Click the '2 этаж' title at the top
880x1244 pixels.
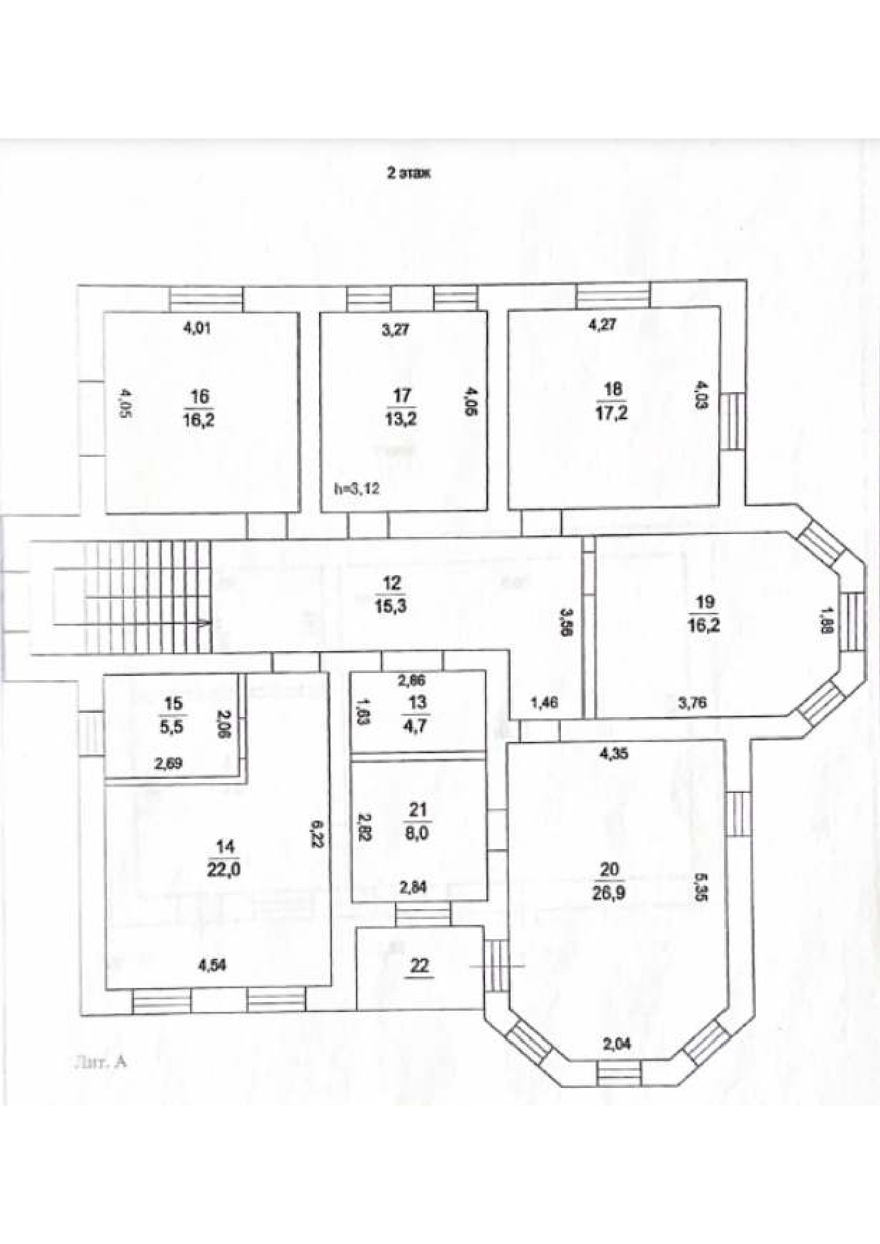pos(408,172)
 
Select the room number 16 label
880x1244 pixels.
pos(199,396)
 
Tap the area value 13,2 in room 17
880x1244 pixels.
pos(401,418)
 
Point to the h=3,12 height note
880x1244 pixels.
pos(360,488)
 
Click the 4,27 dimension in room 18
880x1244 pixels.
pos(603,325)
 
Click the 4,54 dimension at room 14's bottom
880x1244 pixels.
pos(212,965)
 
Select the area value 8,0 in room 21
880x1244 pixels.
pos(418,834)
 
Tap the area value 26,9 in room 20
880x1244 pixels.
pos(609,891)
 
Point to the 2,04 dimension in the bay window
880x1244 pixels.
pos(616,1043)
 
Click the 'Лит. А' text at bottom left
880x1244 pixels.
pos(99,1062)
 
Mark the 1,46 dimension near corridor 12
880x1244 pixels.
pos(545,704)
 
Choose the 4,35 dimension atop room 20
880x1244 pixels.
pos(613,754)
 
